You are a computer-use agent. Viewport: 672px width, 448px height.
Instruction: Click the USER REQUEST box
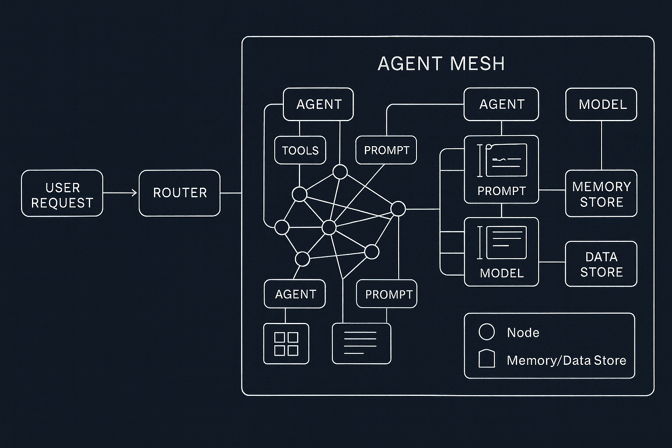point(62,193)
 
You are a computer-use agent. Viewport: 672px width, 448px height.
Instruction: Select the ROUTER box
point(179,193)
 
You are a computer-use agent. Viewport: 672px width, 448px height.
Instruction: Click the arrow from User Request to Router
point(120,192)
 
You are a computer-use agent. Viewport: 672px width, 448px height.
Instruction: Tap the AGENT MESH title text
point(441,64)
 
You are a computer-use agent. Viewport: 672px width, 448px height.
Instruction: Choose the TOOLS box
point(300,150)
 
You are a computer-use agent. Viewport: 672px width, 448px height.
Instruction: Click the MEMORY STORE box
point(601,193)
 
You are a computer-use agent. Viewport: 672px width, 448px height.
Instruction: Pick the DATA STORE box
point(601,264)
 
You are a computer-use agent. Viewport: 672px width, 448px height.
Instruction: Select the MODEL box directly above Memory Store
point(601,104)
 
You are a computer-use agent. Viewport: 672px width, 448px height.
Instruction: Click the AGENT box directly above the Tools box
point(318,104)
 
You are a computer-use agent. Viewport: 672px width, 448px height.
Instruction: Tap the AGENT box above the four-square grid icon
point(295,294)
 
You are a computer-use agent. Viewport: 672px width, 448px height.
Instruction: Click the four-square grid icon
point(286,344)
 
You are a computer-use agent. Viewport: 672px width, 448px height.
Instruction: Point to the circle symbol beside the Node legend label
point(486,332)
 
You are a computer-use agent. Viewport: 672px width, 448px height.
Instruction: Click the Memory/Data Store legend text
point(566,360)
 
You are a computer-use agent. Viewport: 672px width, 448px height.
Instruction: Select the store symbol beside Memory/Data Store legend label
point(486,359)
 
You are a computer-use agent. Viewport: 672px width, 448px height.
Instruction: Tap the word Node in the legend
point(523,332)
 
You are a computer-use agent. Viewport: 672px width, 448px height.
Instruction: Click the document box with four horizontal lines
point(361,343)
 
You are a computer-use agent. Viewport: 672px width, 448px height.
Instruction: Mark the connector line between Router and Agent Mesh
point(231,192)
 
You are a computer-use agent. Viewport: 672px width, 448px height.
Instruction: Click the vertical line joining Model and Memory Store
point(601,145)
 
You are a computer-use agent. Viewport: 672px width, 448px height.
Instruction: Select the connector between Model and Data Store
point(552,262)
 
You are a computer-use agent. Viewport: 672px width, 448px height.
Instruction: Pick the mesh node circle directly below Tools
point(300,194)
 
